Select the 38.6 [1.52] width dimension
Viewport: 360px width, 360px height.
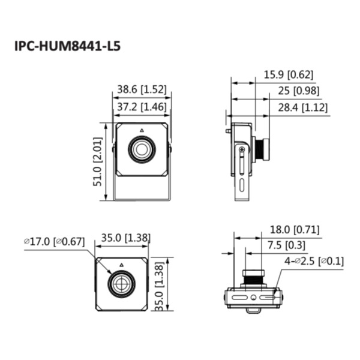pos(141,89)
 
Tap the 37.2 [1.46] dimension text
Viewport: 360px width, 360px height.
pos(141,107)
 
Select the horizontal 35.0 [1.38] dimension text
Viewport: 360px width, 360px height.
pos(125,239)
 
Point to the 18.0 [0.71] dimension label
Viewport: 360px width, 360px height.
pos(295,229)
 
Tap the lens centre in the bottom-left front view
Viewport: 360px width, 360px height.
pos(121,282)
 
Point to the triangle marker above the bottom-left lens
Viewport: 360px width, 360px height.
pos(121,264)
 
